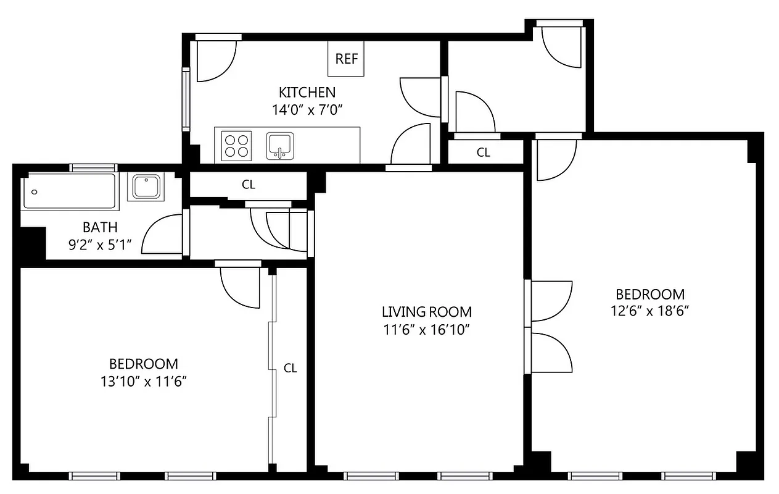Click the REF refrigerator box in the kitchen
pyautogui.click(x=346, y=59)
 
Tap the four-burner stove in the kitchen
pyautogui.click(x=237, y=146)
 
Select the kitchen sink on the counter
pyautogui.click(x=280, y=146)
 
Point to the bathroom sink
pyautogui.click(x=147, y=186)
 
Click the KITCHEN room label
pyautogui.click(x=307, y=93)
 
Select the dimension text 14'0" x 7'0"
pyautogui.click(x=307, y=110)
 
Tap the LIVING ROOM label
pyautogui.click(x=426, y=312)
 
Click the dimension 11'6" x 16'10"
pyautogui.click(x=426, y=330)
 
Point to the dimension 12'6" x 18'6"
pyautogui.click(x=650, y=311)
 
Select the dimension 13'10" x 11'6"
pyautogui.click(x=143, y=382)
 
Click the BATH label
pyautogui.click(x=100, y=227)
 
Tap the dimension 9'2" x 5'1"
pyautogui.click(x=100, y=244)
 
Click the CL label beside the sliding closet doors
pyautogui.click(x=290, y=368)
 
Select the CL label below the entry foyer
pyautogui.click(x=483, y=153)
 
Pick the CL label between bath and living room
pyautogui.click(x=249, y=184)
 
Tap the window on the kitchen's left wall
pyautogui.click(x=185, y=99)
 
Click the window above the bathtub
pyautogui.click(x=93, y=167)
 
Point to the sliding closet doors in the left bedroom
pyautogui.click(x=271, y=371)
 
